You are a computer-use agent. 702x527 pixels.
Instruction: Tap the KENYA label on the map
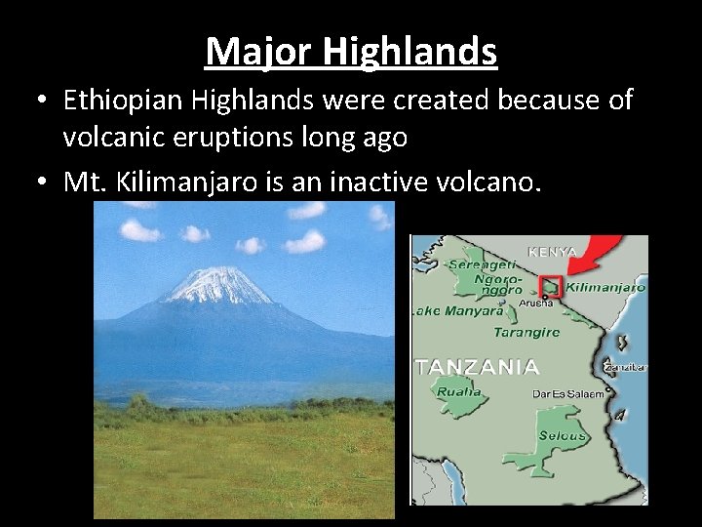point(551,251)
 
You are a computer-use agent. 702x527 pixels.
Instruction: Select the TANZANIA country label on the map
point(478,367)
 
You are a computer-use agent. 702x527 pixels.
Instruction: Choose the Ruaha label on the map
point(459,391)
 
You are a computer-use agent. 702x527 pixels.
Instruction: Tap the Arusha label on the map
point(536,304)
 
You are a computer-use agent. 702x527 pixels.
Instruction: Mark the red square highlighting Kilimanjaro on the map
point(552,286)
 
